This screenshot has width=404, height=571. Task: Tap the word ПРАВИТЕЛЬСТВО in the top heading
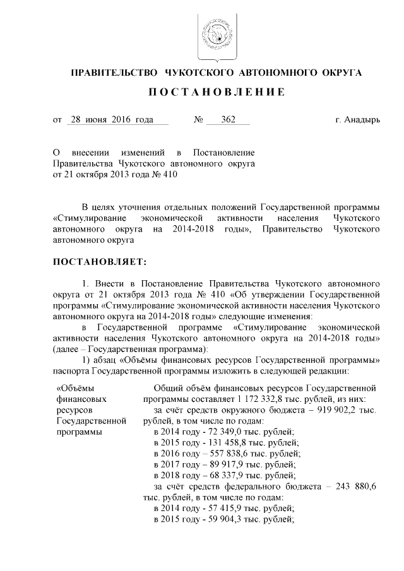(x=112, y=73)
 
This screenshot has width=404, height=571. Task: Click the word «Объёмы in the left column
(x=74, y=389)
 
